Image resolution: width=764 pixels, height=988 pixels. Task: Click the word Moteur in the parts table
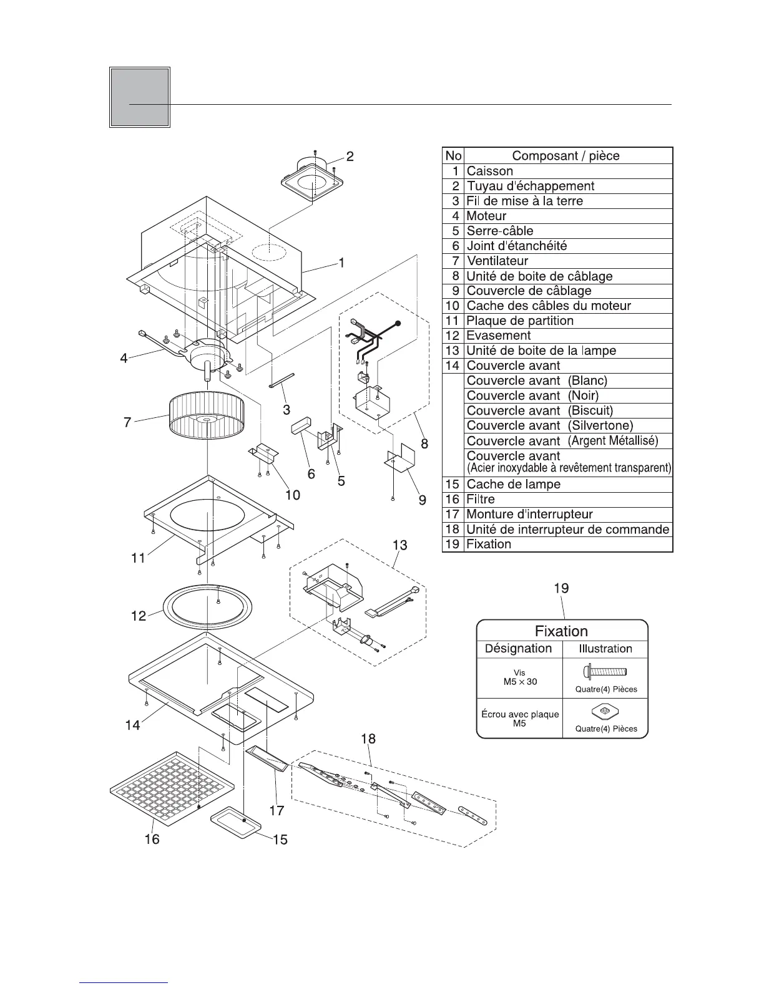(x=486, y=216)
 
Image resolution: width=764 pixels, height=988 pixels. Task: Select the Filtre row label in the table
(x=481, y=499)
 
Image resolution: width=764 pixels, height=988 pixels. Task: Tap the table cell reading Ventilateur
(x=497, y=261)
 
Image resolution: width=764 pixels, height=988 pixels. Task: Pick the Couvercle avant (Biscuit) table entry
(x=540, y=410)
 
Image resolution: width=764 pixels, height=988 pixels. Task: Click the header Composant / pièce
(x=566, y=155)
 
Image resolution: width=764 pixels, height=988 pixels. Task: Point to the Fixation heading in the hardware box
(x=561, y=631)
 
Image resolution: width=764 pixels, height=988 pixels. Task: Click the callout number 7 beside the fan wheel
(x=127, y=423)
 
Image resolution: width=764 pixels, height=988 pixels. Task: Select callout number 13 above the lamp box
(x=399, y=545)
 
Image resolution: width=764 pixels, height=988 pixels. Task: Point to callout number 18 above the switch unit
(x=368, y=739)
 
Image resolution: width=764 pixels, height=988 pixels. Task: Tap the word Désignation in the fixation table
(x=518, y=648)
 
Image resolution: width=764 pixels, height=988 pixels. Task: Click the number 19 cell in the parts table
(x=453, y=544)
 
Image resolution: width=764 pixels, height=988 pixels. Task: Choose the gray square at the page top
(x=140, y=97)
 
